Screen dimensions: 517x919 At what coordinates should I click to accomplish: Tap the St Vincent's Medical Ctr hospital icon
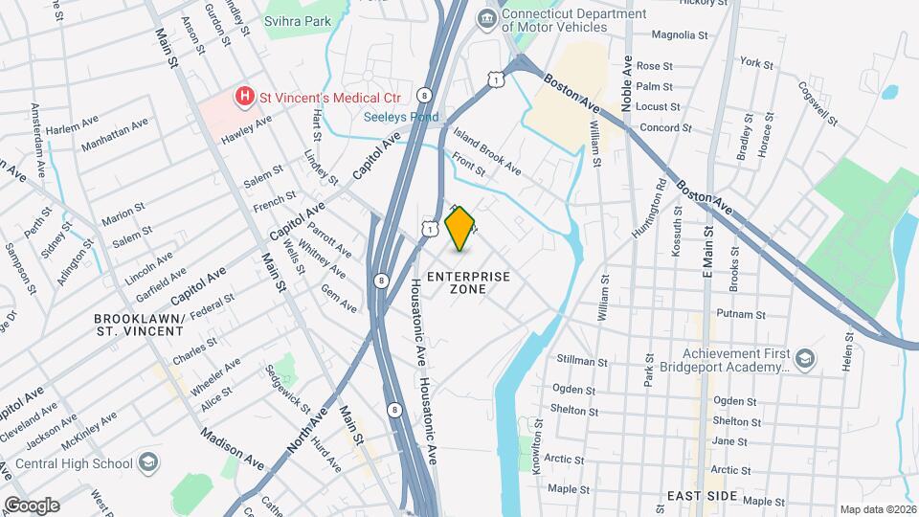click(246, 96)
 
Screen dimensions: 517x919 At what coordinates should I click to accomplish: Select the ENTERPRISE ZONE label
click(468, 282)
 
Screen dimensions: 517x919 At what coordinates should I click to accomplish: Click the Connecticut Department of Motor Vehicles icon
click(488, 19)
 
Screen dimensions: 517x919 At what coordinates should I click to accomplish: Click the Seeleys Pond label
click(400, 118)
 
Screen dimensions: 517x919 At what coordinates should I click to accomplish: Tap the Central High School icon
click(148, 463)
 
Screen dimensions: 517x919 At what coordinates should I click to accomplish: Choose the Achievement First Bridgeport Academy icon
click(805, 359)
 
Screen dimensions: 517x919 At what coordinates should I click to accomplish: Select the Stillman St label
click(583, 362)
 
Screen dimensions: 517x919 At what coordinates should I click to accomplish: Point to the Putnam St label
click(742, 314)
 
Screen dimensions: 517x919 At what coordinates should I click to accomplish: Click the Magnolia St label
click(679, 34)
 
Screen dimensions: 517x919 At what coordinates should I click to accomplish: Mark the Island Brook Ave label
click(487, 152)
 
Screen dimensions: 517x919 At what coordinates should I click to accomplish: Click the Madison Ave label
click(233, 447)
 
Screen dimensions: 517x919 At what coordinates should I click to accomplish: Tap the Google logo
click(31, 505)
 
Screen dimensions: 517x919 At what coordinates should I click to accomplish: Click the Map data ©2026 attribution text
click(877, 509)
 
